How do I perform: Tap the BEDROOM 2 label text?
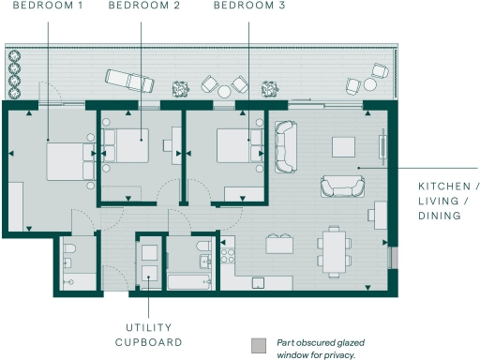pos(144,7)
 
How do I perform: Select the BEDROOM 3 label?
pos(249,7)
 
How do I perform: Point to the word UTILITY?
pos(148,327)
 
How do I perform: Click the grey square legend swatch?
pos(260,345)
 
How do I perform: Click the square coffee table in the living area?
pos(343,146)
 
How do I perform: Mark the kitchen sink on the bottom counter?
pos(258,282)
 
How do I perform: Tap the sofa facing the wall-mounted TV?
pos(337,186)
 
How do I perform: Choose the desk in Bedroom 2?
pos(176,146)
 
